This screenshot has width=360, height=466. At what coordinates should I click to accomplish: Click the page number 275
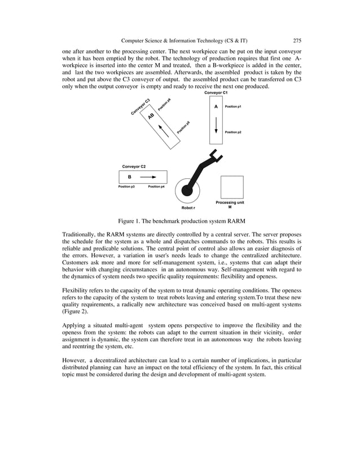297,40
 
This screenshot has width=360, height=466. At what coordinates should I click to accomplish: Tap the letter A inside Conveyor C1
216,106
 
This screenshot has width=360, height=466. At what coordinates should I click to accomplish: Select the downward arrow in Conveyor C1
216,129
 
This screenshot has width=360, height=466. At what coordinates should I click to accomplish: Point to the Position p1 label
233,106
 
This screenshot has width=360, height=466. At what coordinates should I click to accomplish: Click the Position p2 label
233,132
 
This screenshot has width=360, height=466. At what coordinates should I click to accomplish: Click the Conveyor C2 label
134,166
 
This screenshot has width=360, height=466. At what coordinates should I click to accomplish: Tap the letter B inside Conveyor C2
129,177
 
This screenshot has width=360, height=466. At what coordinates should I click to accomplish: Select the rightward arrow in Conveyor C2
148,177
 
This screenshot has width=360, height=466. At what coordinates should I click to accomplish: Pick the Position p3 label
126,186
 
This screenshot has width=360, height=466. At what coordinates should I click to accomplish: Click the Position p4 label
156,186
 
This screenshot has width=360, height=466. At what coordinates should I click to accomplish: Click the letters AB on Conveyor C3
151,116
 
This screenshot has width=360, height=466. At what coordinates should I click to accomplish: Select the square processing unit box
232,187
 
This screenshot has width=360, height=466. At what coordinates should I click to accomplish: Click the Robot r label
188,208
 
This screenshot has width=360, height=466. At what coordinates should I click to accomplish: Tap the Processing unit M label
230,204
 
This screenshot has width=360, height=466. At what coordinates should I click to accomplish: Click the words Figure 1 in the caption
130,221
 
